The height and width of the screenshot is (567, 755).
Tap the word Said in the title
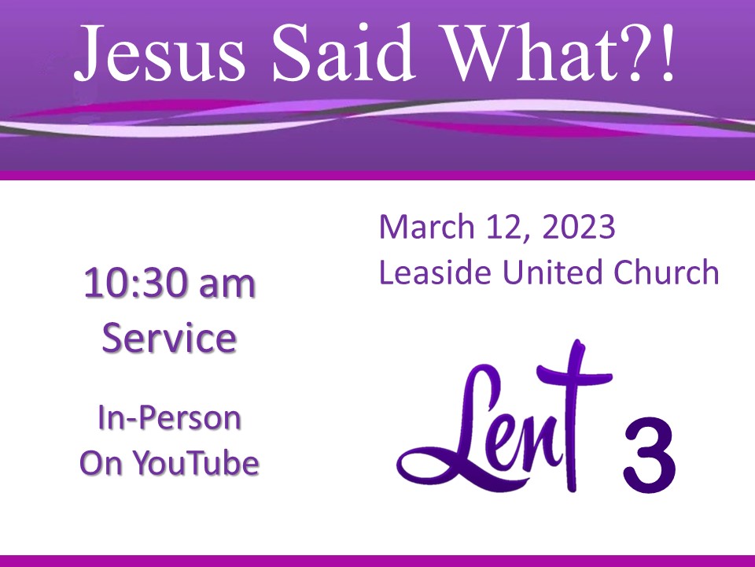coord(343,52)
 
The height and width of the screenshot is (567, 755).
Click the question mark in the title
coord(638,53)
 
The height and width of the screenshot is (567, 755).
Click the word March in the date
coord(427,226)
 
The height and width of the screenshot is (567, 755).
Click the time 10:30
coord(134,284)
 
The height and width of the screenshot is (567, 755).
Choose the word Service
coord(169,338)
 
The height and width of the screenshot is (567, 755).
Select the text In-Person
coord(169,417)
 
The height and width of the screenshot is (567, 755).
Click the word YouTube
coord(196,462)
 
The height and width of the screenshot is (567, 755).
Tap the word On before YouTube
coord(101,463)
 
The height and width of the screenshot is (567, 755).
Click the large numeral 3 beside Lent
coord(650,455)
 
